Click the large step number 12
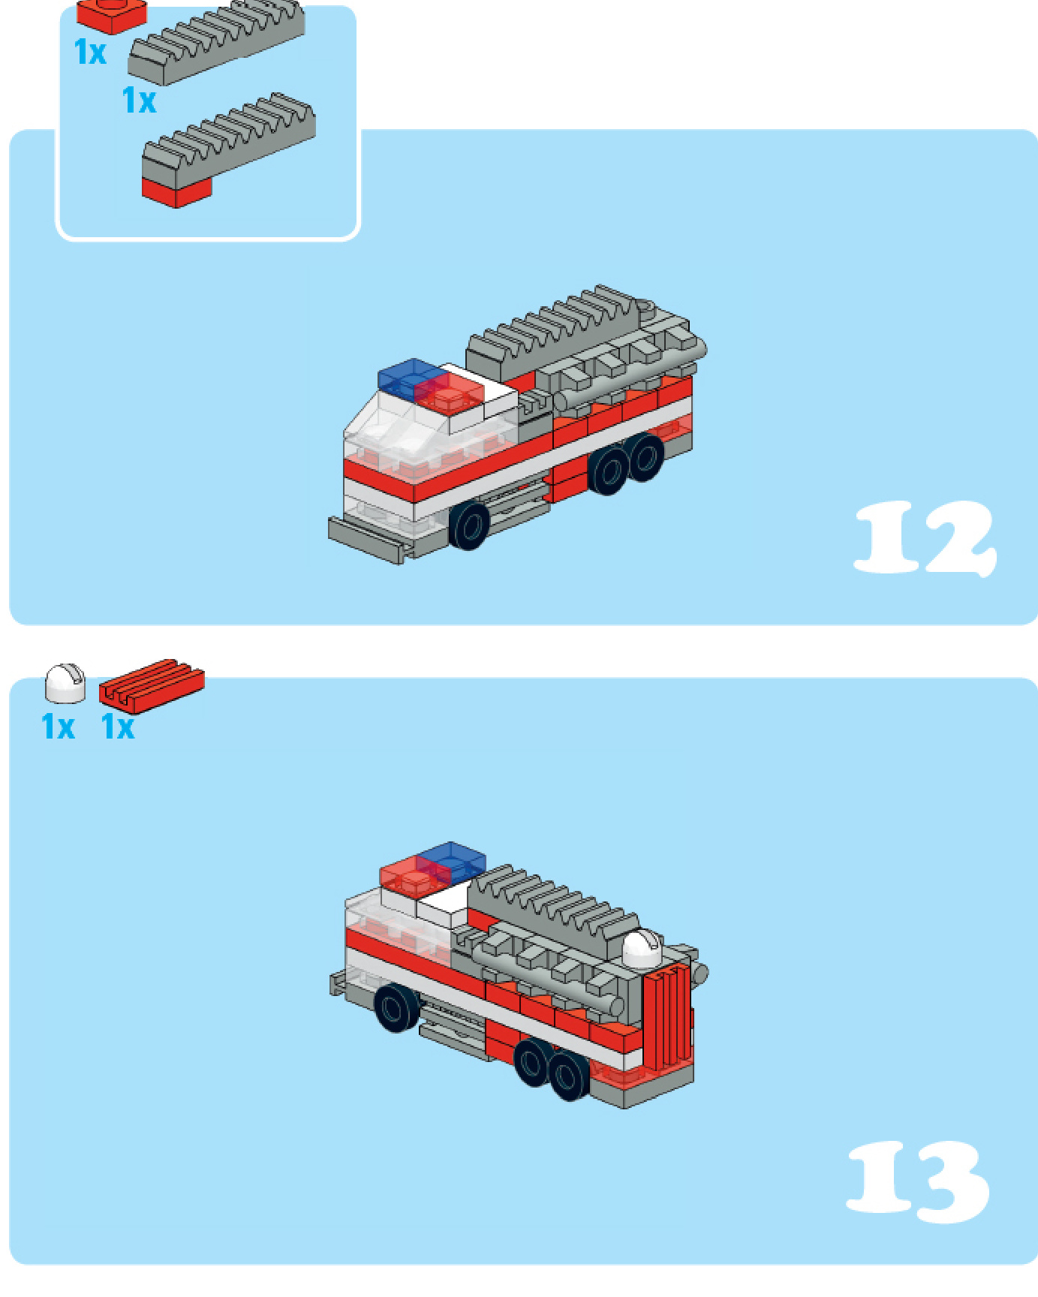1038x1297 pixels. tap(925, 538)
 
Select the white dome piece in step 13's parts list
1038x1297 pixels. tap(65, 683)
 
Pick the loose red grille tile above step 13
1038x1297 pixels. tap(152, 685)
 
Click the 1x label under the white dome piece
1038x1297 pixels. tap(58, 727)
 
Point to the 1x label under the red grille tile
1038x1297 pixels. tap(118, 727)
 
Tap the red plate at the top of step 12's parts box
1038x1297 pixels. tap(112, 16)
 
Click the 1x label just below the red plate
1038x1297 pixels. tap(90, 52)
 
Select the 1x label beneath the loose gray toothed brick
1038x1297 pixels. tap(139, 100)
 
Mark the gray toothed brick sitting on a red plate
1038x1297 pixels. tap(229, 149)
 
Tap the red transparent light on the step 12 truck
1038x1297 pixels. tap(448, 393)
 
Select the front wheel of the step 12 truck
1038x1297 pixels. tap(469, 525)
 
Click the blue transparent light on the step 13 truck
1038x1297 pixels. tap(452, 862)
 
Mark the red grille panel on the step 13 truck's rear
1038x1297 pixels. tap(667, 1018)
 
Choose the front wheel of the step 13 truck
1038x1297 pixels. tap(396, 1007)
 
